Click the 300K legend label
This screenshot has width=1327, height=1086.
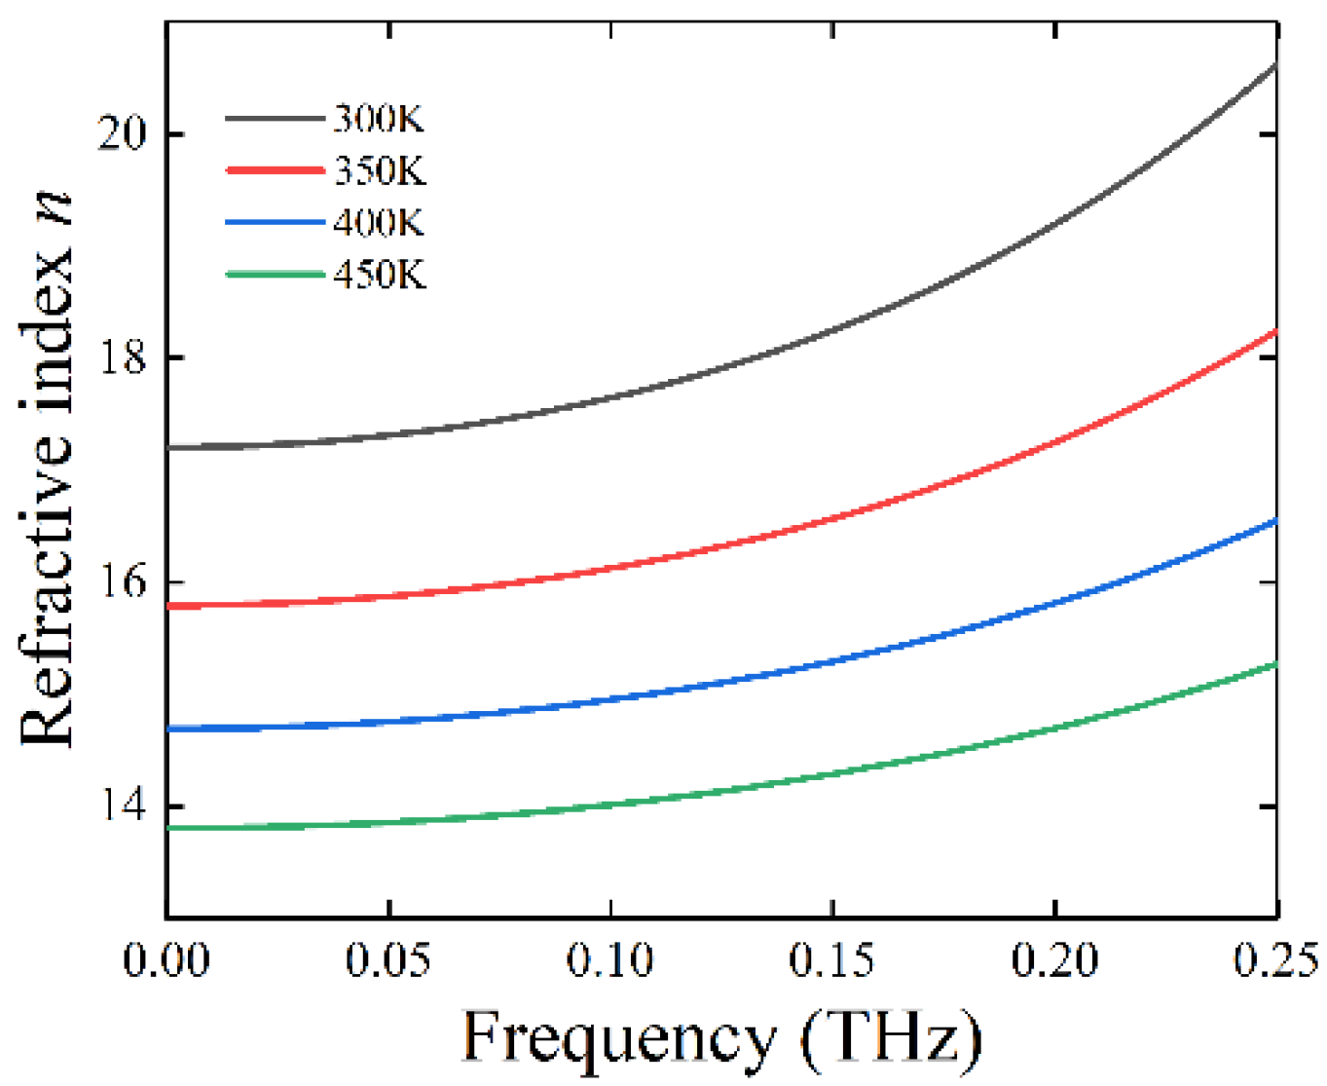point(379,120)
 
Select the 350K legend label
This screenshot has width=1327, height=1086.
point(380,171)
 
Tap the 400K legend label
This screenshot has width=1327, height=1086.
point(379,223)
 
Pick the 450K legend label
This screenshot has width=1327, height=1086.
point(380,275)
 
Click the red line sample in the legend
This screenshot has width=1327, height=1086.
point(275,170)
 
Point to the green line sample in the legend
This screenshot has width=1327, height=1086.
point(275,275)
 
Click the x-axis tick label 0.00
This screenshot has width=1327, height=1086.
point(166,960)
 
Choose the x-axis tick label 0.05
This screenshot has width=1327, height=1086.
point(388,960)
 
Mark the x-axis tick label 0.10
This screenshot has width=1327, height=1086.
point(610,960)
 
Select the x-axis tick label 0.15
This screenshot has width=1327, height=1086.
point(832,960)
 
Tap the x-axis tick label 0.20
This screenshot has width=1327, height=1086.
point(1054,960)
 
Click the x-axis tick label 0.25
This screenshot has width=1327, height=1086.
point(1275,960)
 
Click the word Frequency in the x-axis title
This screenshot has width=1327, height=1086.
point(618,1039)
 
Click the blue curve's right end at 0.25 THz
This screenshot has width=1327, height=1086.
point(1275,522)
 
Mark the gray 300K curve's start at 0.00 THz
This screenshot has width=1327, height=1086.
point(169,448)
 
